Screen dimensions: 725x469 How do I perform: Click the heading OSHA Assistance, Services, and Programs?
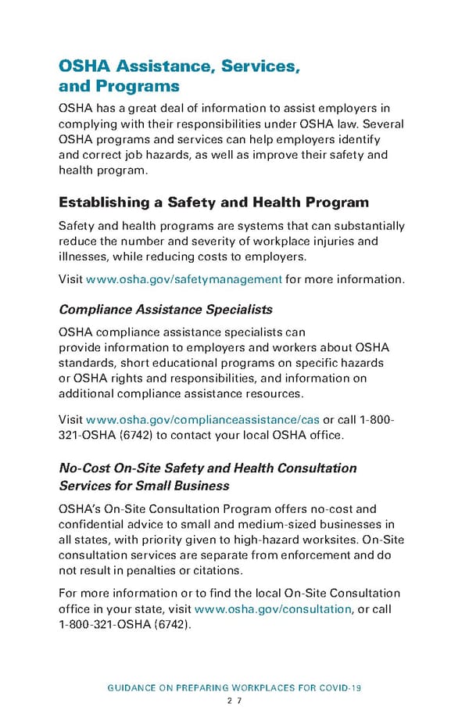pos(179,76)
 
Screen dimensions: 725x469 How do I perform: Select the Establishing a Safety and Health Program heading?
pos(213,203)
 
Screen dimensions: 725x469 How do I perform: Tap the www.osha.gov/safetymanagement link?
pos(184,279)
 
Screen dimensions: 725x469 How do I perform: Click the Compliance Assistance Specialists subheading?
pos(166,309)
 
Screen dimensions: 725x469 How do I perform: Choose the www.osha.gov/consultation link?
pos(272,609)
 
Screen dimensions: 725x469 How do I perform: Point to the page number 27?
pos(234,701)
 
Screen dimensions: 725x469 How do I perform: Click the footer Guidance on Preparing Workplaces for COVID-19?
pos(234,687)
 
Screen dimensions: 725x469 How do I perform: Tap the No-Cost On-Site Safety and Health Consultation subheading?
pos(208,468)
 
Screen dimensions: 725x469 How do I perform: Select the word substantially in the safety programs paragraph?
pos(368,227)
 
